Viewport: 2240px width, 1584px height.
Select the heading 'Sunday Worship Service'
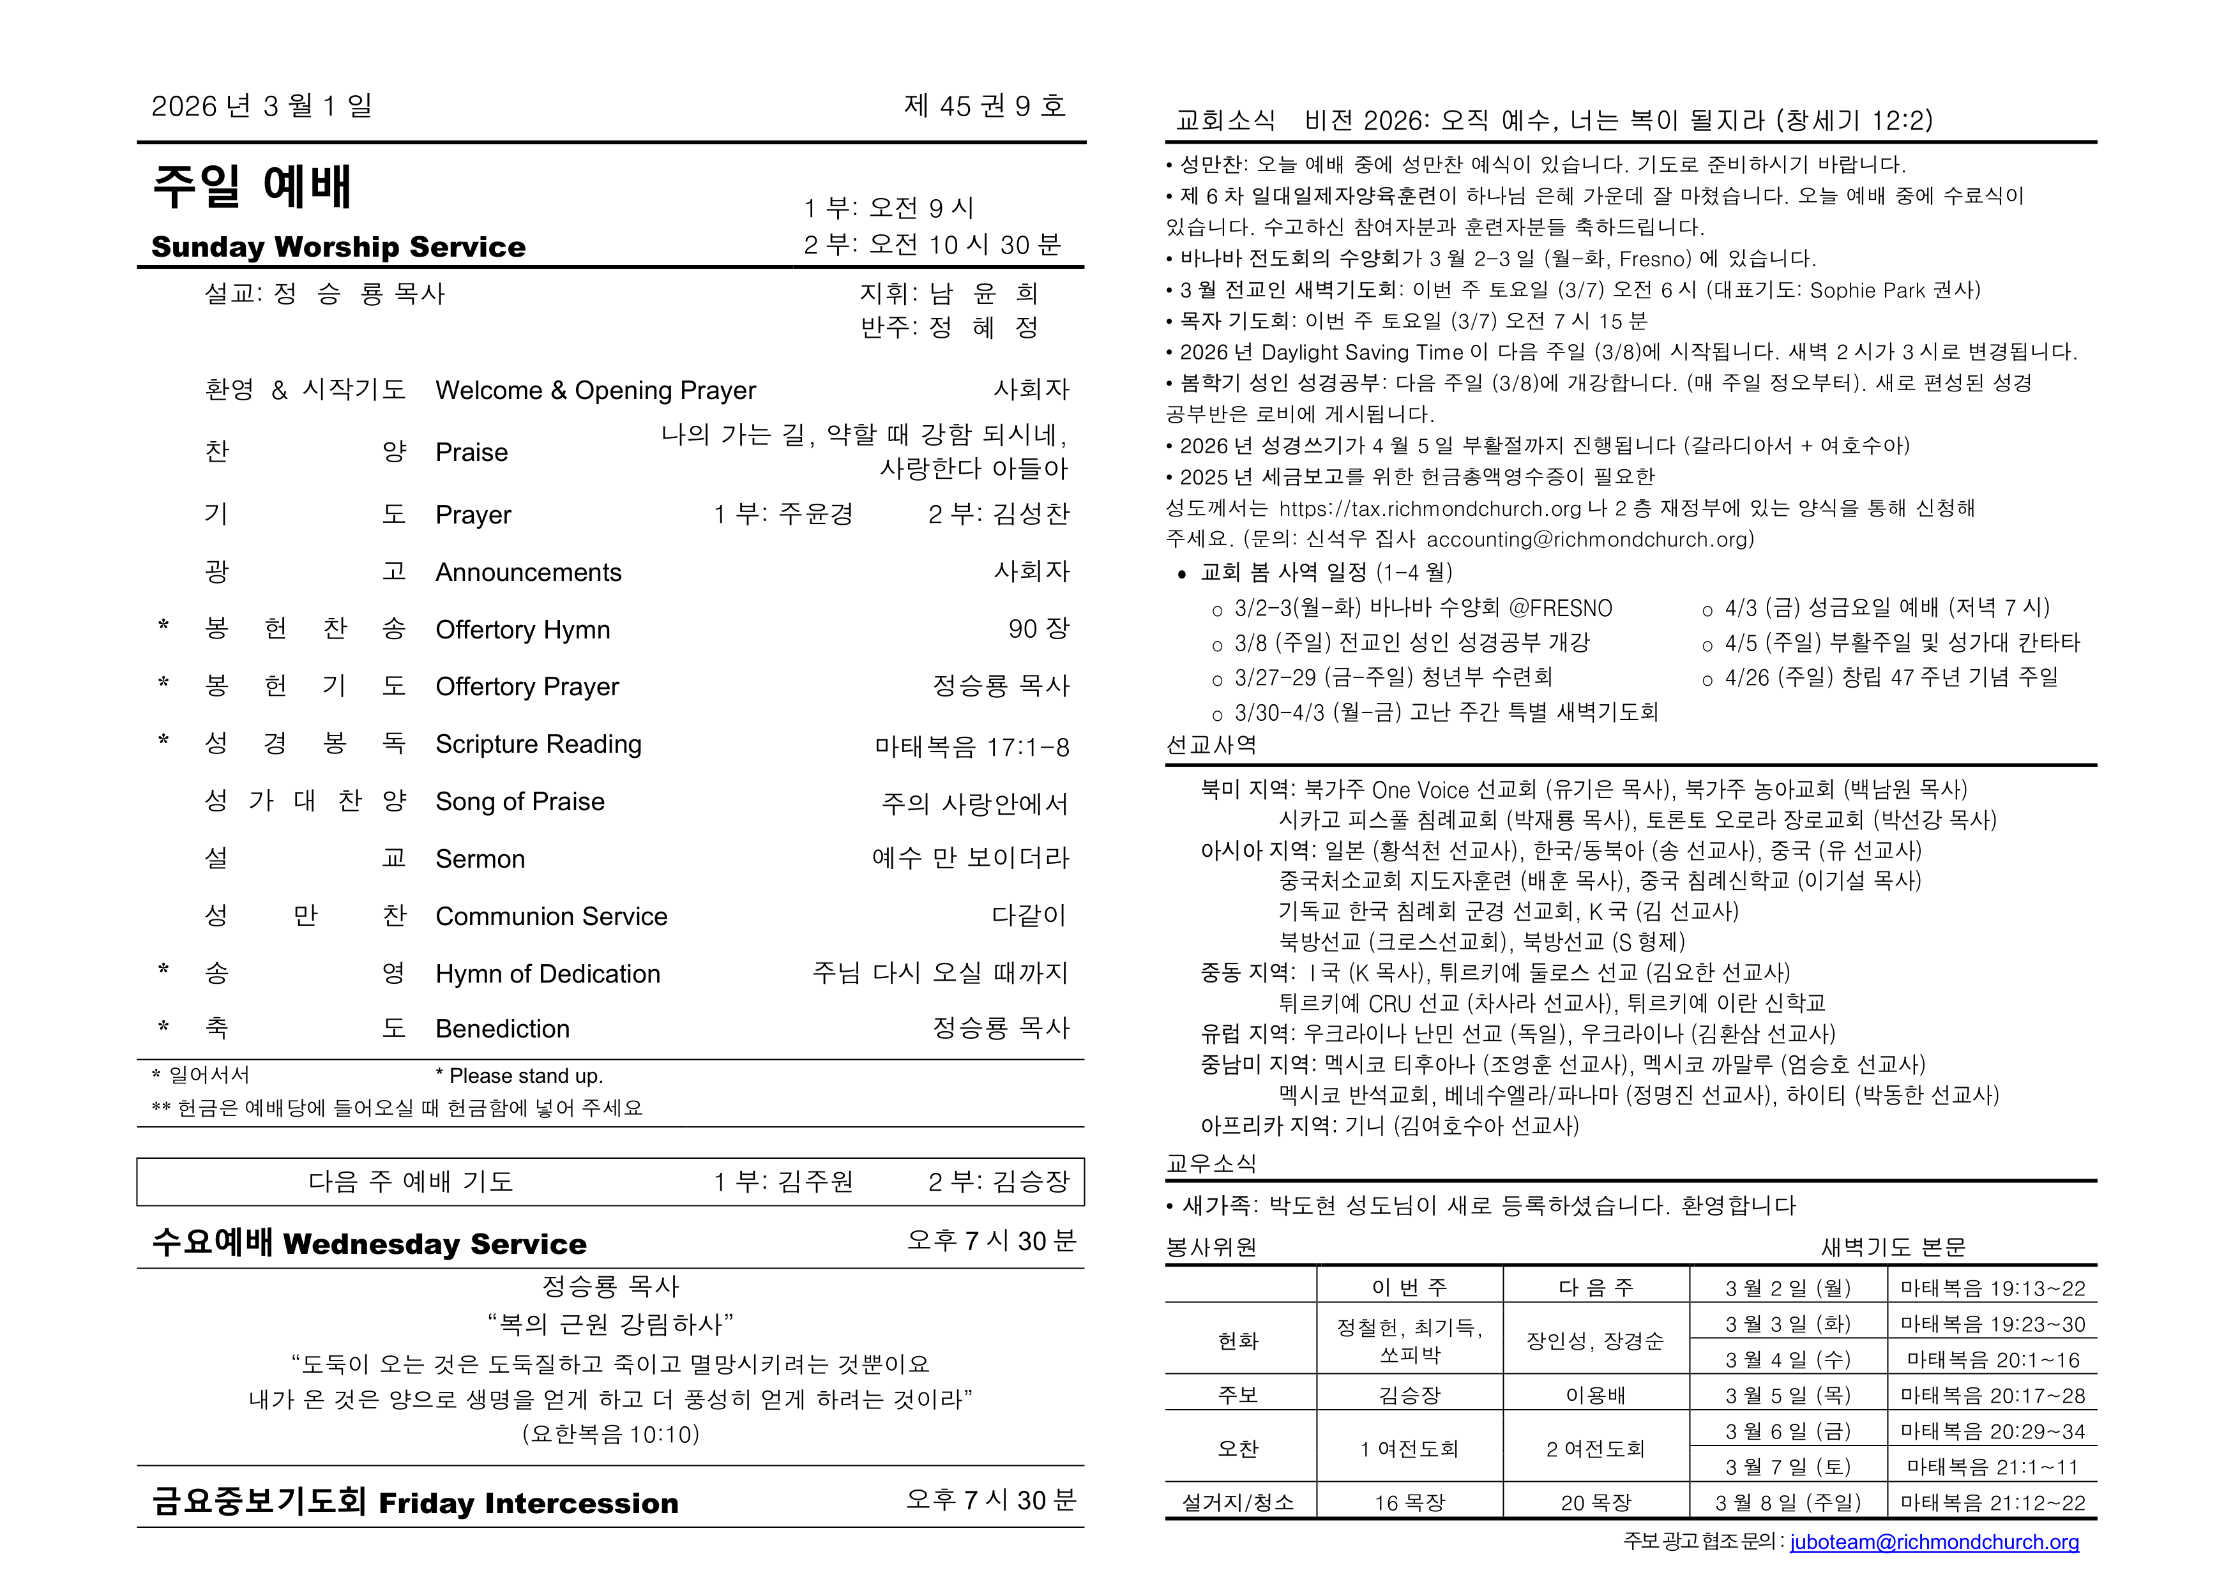coord(338,247)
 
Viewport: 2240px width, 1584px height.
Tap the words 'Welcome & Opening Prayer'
coord(595,390)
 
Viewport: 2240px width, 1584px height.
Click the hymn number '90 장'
coord(1038,629)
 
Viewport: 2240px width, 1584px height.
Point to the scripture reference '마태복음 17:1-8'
coord(972,747)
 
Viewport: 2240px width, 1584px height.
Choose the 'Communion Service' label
coord(551,917)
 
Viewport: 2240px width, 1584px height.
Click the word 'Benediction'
coord(503,1029)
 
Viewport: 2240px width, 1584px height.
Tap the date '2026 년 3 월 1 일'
coord(261,105)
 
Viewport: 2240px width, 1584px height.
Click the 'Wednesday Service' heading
coord(435,1244)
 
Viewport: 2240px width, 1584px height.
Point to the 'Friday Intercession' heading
coord(528,1503)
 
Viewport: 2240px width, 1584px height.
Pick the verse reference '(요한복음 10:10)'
coord(610,1434)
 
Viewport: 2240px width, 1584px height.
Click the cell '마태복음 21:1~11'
coord(1992,1467)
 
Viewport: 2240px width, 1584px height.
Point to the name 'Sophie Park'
coord(1867,290)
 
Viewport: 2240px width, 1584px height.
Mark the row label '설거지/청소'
coord(1238,1503)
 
